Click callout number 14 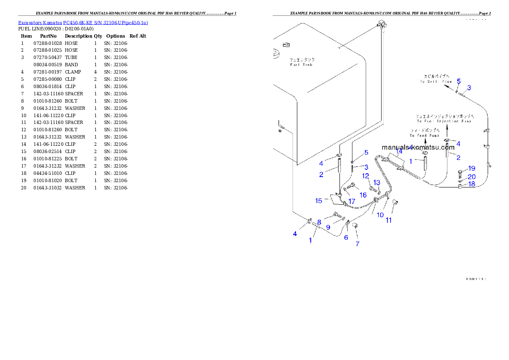pos(399,151)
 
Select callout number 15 pos(319,200)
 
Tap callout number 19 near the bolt pos(471,168)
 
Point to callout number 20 pos(471,177)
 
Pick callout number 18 pos(471,184)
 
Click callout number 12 pos(366,176)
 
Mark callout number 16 pos(363,195)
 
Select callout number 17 pos(352,201)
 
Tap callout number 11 pos(389,221)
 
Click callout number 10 pos(380,215)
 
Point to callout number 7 pos(357,244)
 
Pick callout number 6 pos(346,237)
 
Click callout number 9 pos(328,227)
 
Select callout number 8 pos(319,222)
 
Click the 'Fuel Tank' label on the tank pos(301,62)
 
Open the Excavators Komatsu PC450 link pos(83,23)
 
